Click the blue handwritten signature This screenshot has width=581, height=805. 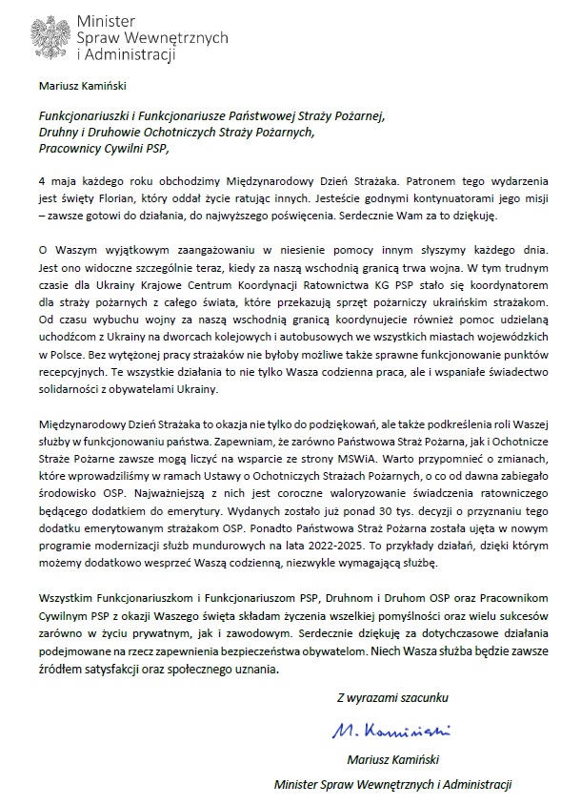pyautogui.click(x=391, y=730)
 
